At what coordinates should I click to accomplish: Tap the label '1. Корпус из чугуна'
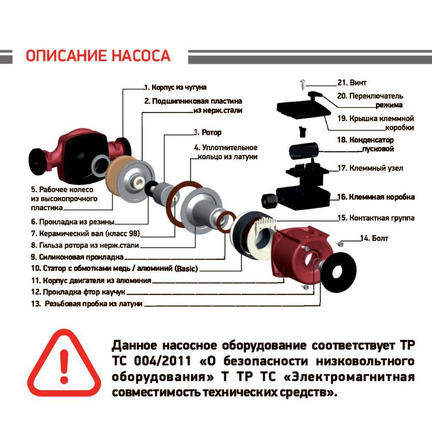point(175,87)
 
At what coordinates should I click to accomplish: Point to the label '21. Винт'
point(352,83)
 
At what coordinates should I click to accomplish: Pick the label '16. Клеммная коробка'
point(376,197)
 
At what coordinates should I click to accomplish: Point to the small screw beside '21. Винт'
point(301,83)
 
